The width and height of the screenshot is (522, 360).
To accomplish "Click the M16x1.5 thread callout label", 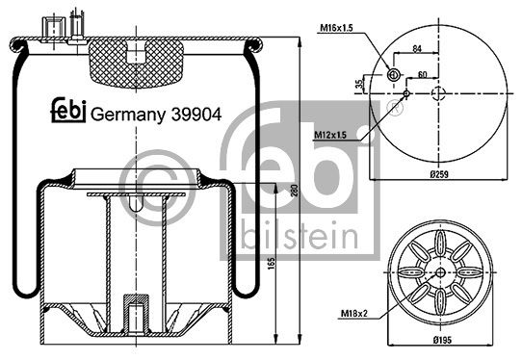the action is pos(336,28).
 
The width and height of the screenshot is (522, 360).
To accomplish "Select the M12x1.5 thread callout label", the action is pos(330,135).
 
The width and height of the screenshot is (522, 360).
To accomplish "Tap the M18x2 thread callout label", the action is pos(354,314).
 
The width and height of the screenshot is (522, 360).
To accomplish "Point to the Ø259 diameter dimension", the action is pos(439,174).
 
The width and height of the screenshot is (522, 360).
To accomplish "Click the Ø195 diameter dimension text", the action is pos(442,340).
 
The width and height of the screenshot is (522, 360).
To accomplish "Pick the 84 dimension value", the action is pos(417,48).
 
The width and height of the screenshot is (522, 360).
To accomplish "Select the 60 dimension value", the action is pos(422,74).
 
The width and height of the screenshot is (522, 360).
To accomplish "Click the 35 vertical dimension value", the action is pos(358,84).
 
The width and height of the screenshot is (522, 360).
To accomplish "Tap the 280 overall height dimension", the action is pos(295,191).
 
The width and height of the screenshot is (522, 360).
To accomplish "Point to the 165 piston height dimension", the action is pos(272,263).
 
